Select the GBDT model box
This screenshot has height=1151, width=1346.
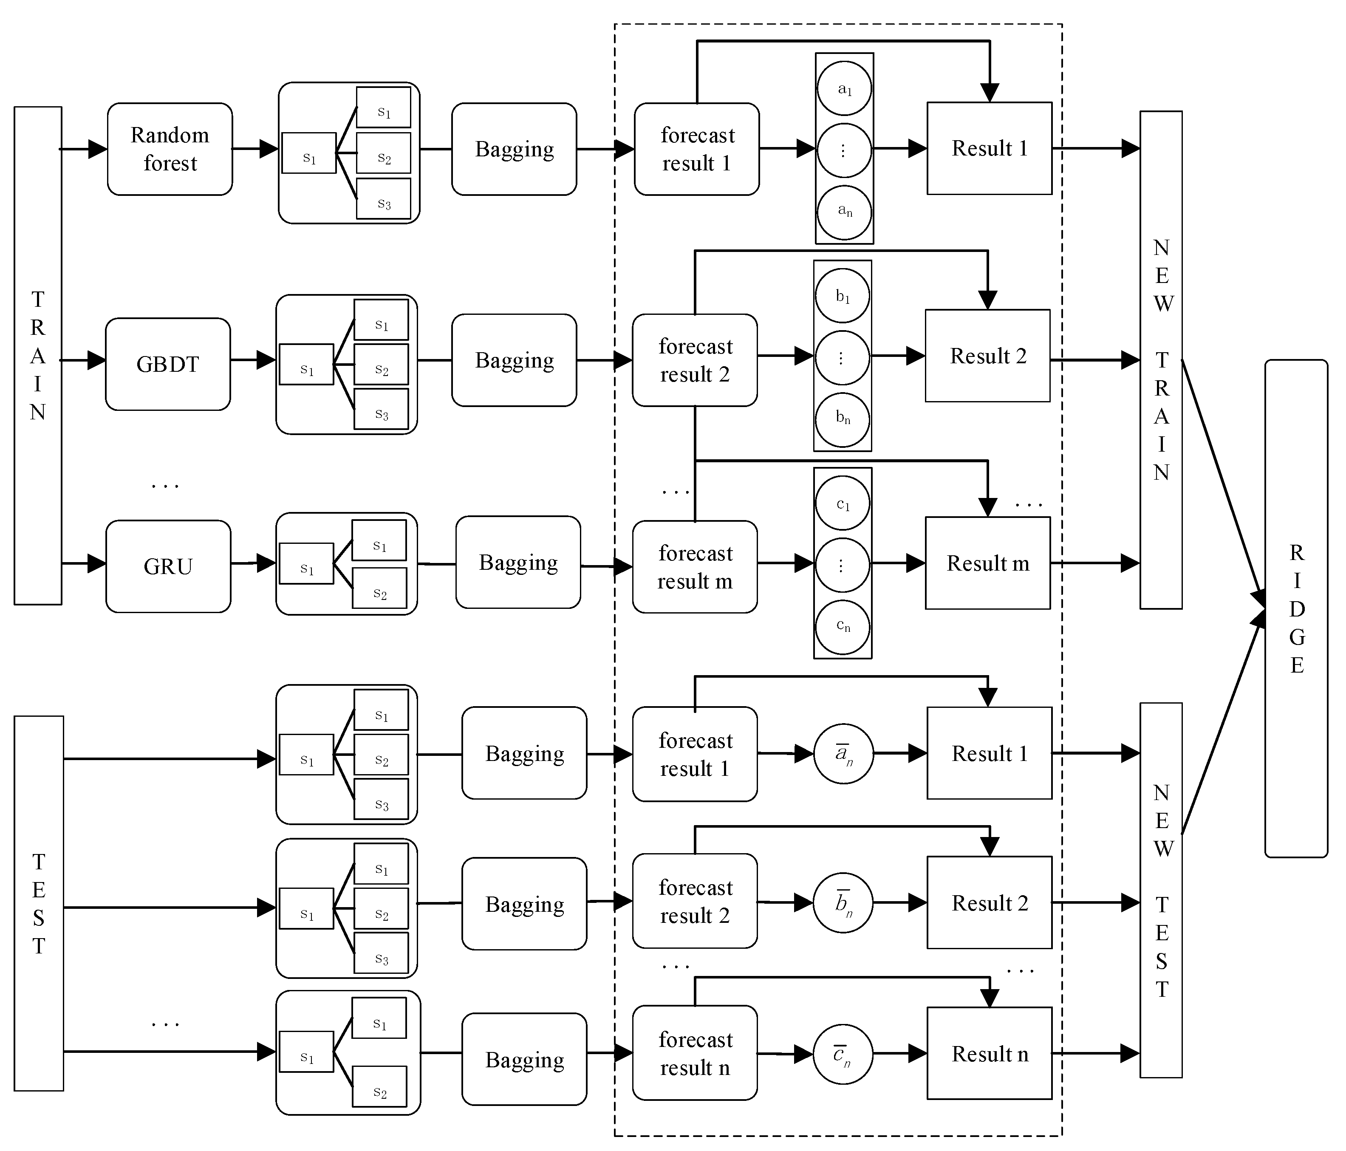[x=167, y=364]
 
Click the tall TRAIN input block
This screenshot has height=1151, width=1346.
[x=38, y=355]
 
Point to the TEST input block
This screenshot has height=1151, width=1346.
[x=39, y=903]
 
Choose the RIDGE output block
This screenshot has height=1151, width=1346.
[x=1296, y=608]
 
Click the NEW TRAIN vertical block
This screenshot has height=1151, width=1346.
[x=1161, y=360]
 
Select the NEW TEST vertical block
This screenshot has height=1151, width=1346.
[x=1161, y=890]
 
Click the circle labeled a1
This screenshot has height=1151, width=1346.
[x=844, y=88]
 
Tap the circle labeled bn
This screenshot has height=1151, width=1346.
[x=843, y=419]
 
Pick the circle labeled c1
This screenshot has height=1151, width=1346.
[x=843, y=503]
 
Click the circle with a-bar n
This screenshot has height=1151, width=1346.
[x=843, y=753]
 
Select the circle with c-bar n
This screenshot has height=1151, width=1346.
[x=843, y=1054]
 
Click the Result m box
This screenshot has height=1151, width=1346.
[x=987, y=563]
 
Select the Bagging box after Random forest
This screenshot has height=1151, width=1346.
[x=514, y=149]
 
